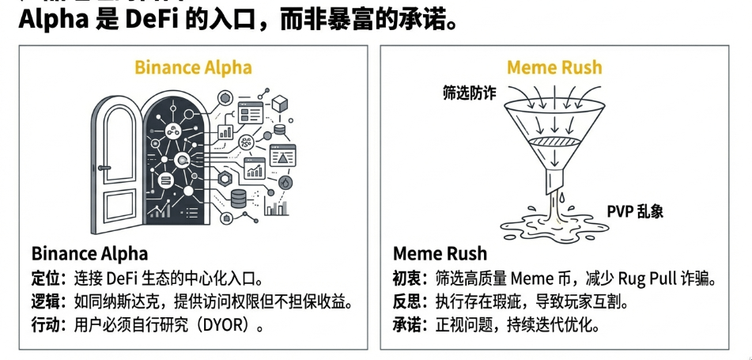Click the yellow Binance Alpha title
(193, 66)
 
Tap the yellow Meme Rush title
(554, 66)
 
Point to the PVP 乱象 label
(634, 211)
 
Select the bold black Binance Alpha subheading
(89, 254)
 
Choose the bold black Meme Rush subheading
(440, 254)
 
